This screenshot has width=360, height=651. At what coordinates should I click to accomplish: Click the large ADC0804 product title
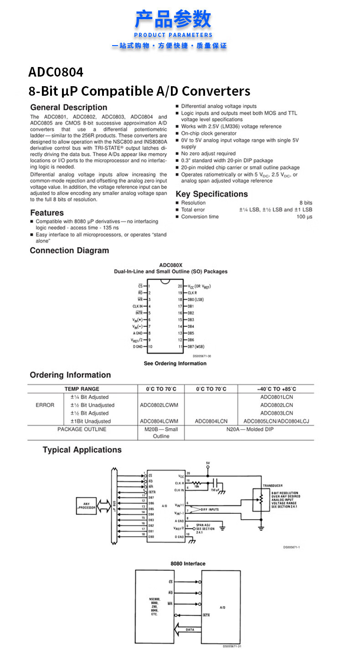(x=56, y=72)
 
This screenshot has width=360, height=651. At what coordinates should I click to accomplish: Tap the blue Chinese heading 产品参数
(x=173, y=20)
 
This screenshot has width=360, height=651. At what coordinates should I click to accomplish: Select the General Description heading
(x=68, y=108)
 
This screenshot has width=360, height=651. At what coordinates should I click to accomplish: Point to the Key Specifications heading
(x=211, y=194)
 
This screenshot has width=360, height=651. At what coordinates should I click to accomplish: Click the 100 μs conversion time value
(x=304, y=217)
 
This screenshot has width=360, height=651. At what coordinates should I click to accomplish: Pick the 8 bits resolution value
(x=305, y=203)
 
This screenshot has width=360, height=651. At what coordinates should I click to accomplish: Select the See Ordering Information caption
(x=175, y=363)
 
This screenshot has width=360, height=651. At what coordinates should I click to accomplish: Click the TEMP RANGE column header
(x=82, y=389)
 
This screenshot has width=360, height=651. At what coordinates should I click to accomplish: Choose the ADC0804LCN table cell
(x=211, y=421)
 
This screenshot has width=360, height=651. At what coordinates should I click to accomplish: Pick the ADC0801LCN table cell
(x=277, y=397)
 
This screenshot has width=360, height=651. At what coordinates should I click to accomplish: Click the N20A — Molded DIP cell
(x=250, y=429)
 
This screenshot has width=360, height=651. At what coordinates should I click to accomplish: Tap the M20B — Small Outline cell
(x=161, y=433)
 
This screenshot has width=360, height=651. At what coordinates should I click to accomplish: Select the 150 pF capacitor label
(x=215, y=490)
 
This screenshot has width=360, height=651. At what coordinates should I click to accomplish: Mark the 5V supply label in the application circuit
(x=208, y=463)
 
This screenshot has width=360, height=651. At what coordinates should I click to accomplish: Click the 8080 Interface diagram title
(x=188, y=563)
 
